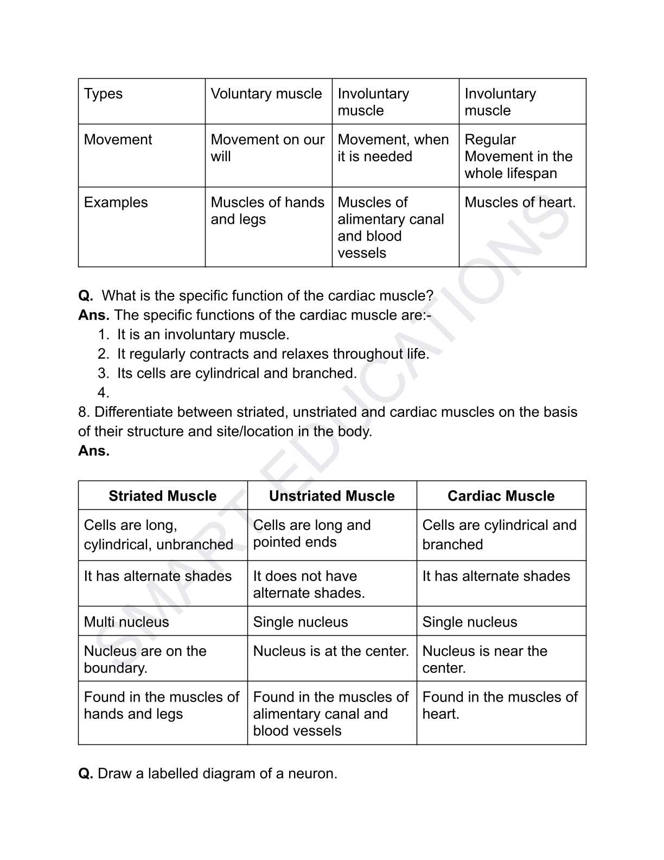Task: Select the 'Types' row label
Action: pos(104,94)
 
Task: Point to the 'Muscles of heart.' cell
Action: pos(520,203)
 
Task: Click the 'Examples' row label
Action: pos(116,203)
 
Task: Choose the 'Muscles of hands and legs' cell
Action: pos(267,211)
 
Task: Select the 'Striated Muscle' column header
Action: pos(162,496)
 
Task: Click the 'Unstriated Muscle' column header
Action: pos(331,496)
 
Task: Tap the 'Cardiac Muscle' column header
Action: pos(501,496)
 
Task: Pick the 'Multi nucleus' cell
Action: pos(126,622)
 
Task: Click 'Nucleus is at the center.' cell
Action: pos(331,651)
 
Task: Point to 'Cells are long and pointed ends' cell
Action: pos(312,534)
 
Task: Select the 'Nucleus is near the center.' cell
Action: pos(484,659)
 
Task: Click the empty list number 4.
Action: pos(104,393)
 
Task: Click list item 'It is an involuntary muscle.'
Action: pos(203,334)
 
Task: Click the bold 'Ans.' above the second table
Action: pos(94,451)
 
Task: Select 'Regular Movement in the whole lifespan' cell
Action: pos(518,156)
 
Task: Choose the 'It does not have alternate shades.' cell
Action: pos(309,584)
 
